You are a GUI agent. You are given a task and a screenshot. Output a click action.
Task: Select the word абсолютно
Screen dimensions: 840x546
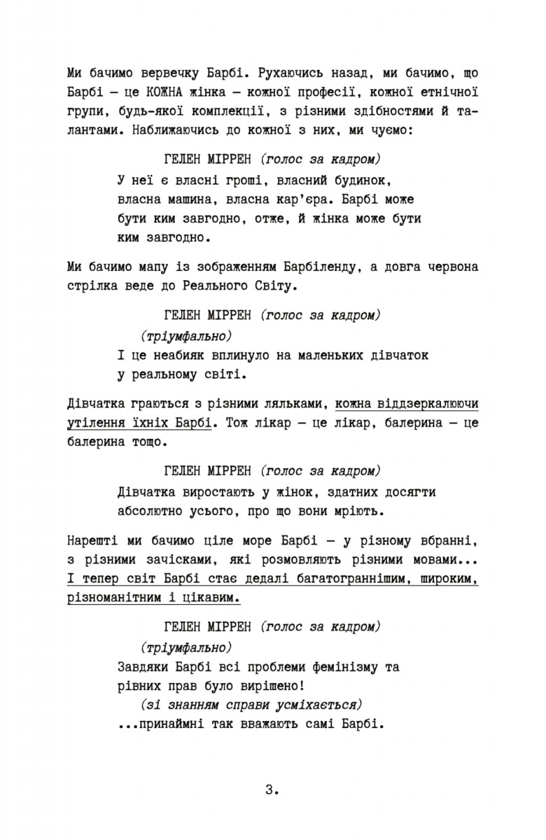tap(151, 511)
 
